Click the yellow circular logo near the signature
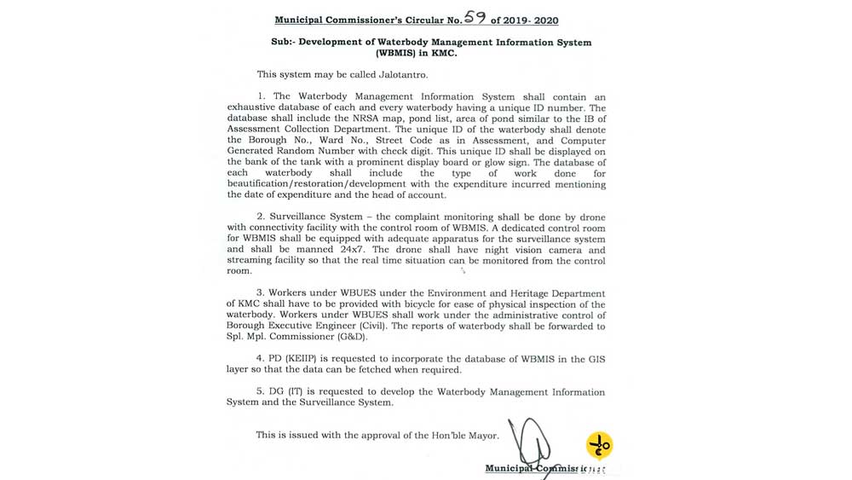click(599, 445)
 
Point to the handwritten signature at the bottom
click(530, 442)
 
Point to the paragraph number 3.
click(259, 293)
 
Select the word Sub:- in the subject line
click(273, 43)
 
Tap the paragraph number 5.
click(259, 392)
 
